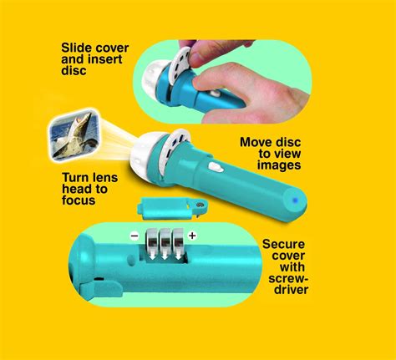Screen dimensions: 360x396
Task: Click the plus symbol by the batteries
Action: pyautogui.click(x=192, y=236)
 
